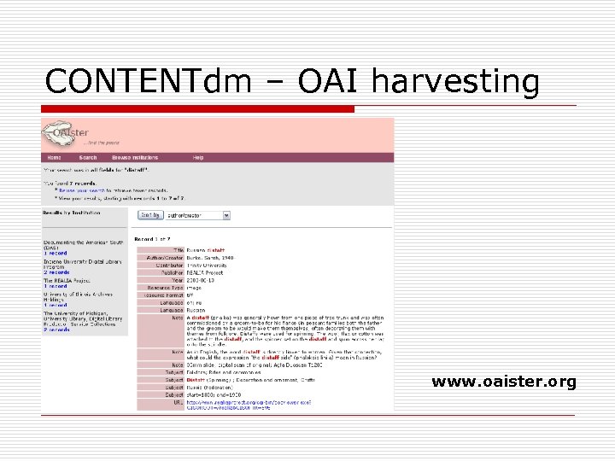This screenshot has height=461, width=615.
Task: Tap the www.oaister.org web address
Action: point(504,382)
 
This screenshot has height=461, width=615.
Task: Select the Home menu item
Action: point(54,158)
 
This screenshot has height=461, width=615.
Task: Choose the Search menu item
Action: point(88,158)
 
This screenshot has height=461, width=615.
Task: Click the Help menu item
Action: point(198,158)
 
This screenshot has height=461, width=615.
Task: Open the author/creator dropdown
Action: point(197,216)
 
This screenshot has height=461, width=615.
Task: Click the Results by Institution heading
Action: point(73,213)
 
